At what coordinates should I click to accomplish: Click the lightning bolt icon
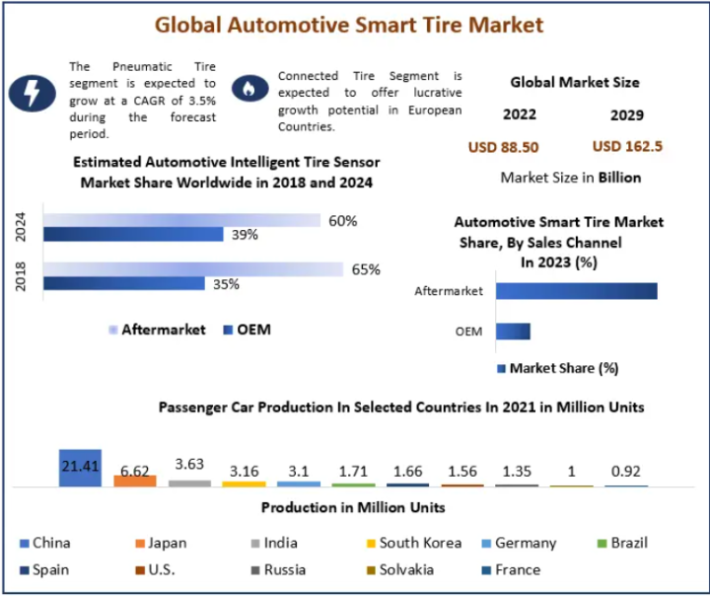click(33, 93)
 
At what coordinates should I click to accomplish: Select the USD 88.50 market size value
click(503, 147)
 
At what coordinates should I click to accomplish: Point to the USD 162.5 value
click(627, 146)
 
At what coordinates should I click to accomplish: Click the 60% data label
click(342, 220)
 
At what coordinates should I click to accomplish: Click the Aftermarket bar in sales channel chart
click(576, 291)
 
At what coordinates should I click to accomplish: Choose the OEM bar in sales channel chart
click(513, 332)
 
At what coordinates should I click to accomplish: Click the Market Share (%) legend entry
click(557, 368)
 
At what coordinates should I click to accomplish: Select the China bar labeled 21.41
click(80, 467)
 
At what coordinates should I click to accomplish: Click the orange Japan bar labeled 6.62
click(135, 480)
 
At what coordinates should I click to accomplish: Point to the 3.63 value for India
click(189, 463)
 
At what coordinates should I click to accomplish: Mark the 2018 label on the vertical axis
click(22, 275)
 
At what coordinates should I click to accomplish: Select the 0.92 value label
click(626, 471)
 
